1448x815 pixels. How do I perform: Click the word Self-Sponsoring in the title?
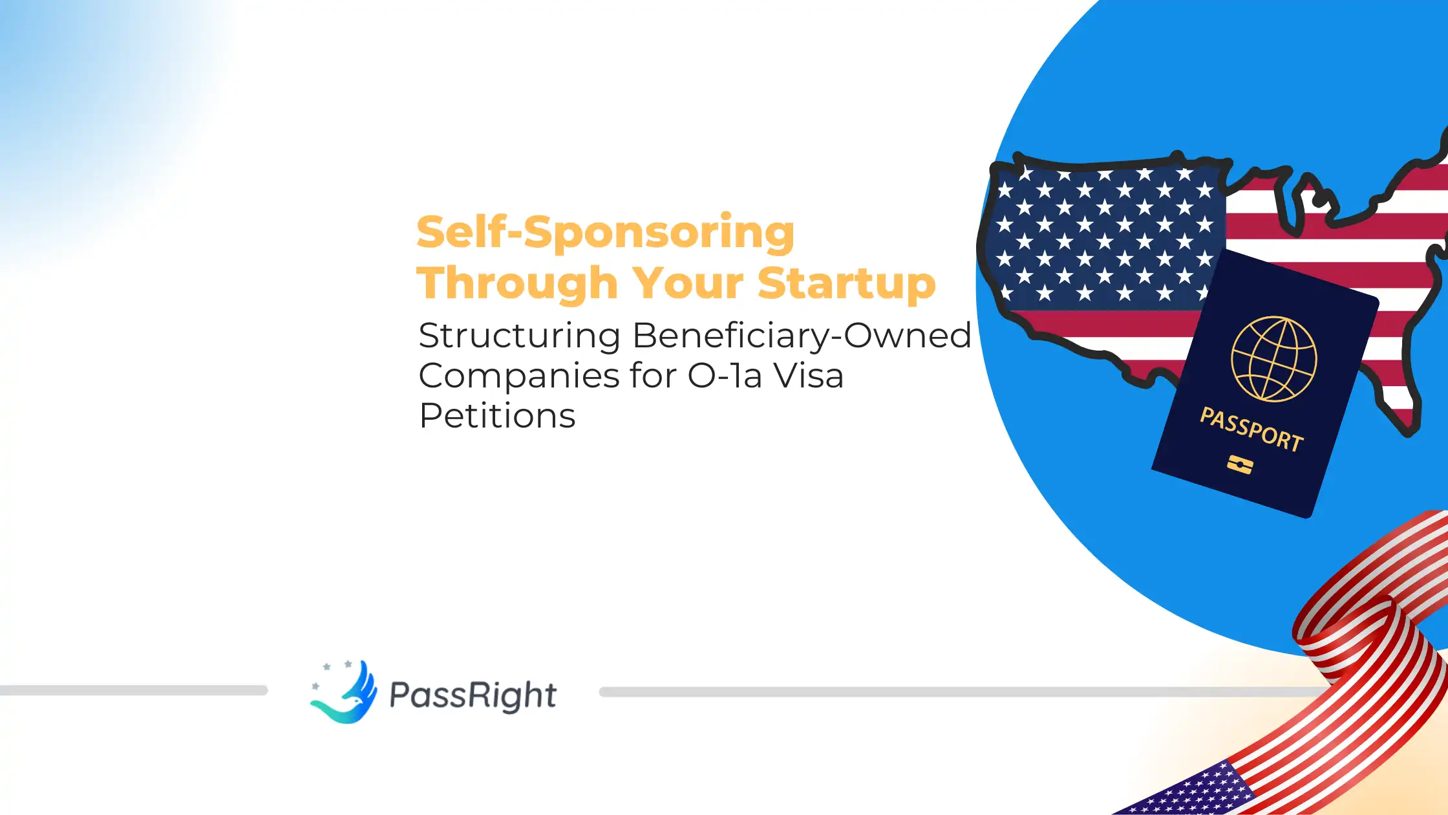pyautogui.click(x=605, y=232)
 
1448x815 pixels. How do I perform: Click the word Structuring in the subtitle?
pyautogui.click(x=520, y=336)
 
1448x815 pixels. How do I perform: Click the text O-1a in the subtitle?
pyautogui.click(x=725, y=376)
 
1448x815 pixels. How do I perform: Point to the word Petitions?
pyautogui.click(x=497, y=415)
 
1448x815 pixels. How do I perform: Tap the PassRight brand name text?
pyautogui.click(x=473, y=695)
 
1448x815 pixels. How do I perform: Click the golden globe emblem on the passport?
pyautogui.click(x=1273, y=359)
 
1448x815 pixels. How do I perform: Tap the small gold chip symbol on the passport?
pyautogui.click(x=1239, y=464)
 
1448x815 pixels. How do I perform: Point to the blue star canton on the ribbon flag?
pyautogui.click(x=1189, y=792)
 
